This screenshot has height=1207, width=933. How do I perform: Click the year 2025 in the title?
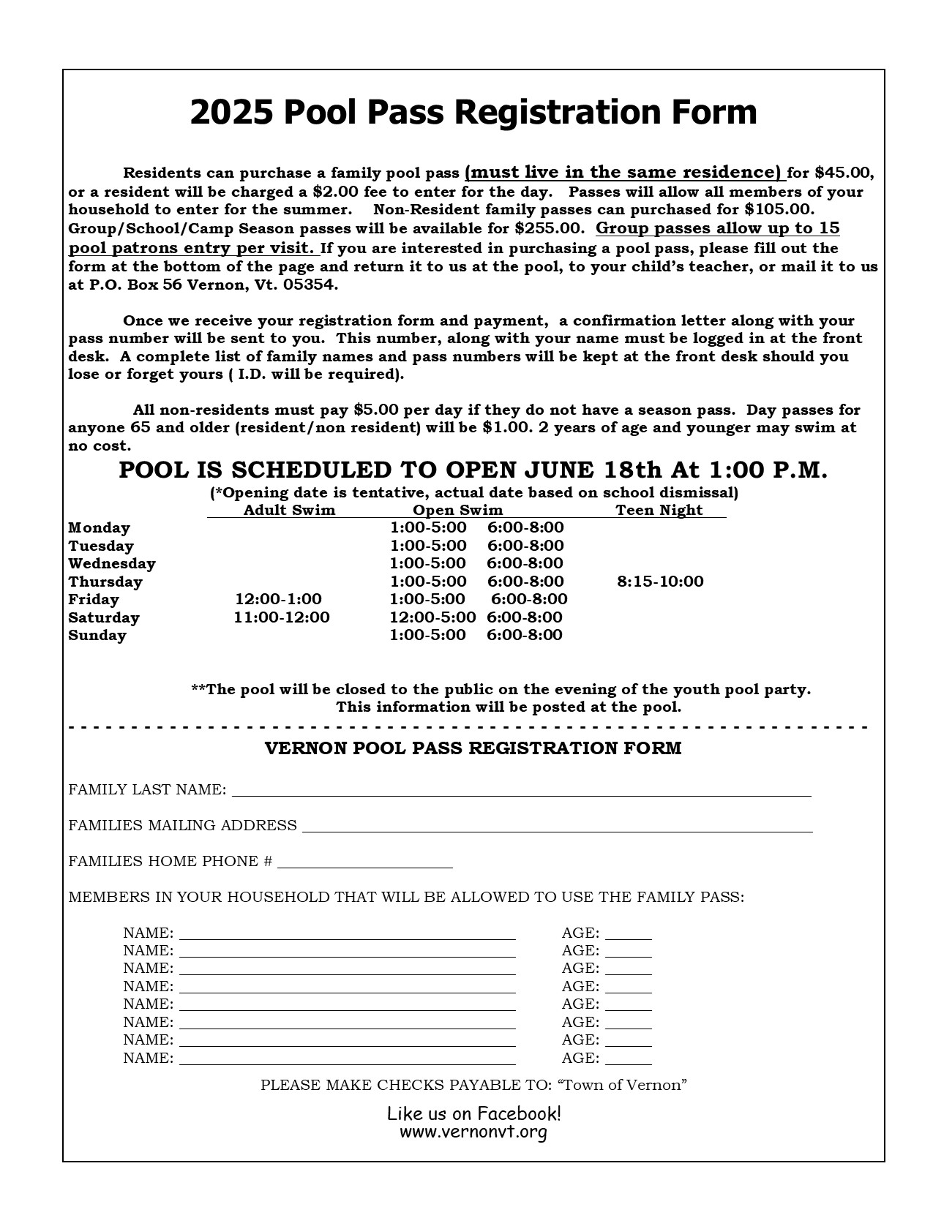click(x=231, y=113)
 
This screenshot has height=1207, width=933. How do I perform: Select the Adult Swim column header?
click(x=289, y=510)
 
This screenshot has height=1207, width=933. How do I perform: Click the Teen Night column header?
click(x=659, y=510)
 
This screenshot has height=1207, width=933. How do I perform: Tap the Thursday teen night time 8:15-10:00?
click(x=660, y=582)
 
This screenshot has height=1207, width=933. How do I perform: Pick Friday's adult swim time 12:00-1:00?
click(x=278, y=599)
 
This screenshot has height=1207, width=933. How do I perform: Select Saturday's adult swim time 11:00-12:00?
click(x=282, y=617)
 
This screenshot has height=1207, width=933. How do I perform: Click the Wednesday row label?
click(x=112, y=563)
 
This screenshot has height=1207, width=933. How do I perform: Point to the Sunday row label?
click(x=97, y=635)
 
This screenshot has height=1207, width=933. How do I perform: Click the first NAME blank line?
click(x=348, y=934)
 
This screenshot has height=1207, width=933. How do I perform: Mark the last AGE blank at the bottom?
click(x=628, y=1059)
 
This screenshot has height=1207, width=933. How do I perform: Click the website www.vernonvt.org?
click(x=473, y=1132)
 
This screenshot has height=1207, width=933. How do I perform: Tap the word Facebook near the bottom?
click(x=518, y=1113)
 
